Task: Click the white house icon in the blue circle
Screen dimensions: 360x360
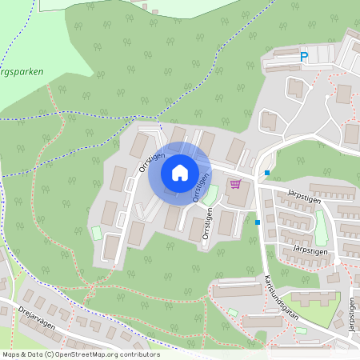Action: [179, 172]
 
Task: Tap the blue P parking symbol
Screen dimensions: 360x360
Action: [303, 57]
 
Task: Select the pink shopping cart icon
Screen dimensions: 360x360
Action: [235, 183]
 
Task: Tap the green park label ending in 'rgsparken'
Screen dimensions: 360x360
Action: [22, 71]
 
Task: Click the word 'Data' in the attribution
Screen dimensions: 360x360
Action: [33, 354]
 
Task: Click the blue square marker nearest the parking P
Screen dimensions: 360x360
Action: [267, 173]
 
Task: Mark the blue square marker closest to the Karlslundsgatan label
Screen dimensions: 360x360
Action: [257, 222]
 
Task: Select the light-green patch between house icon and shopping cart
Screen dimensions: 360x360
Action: [211, 194]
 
